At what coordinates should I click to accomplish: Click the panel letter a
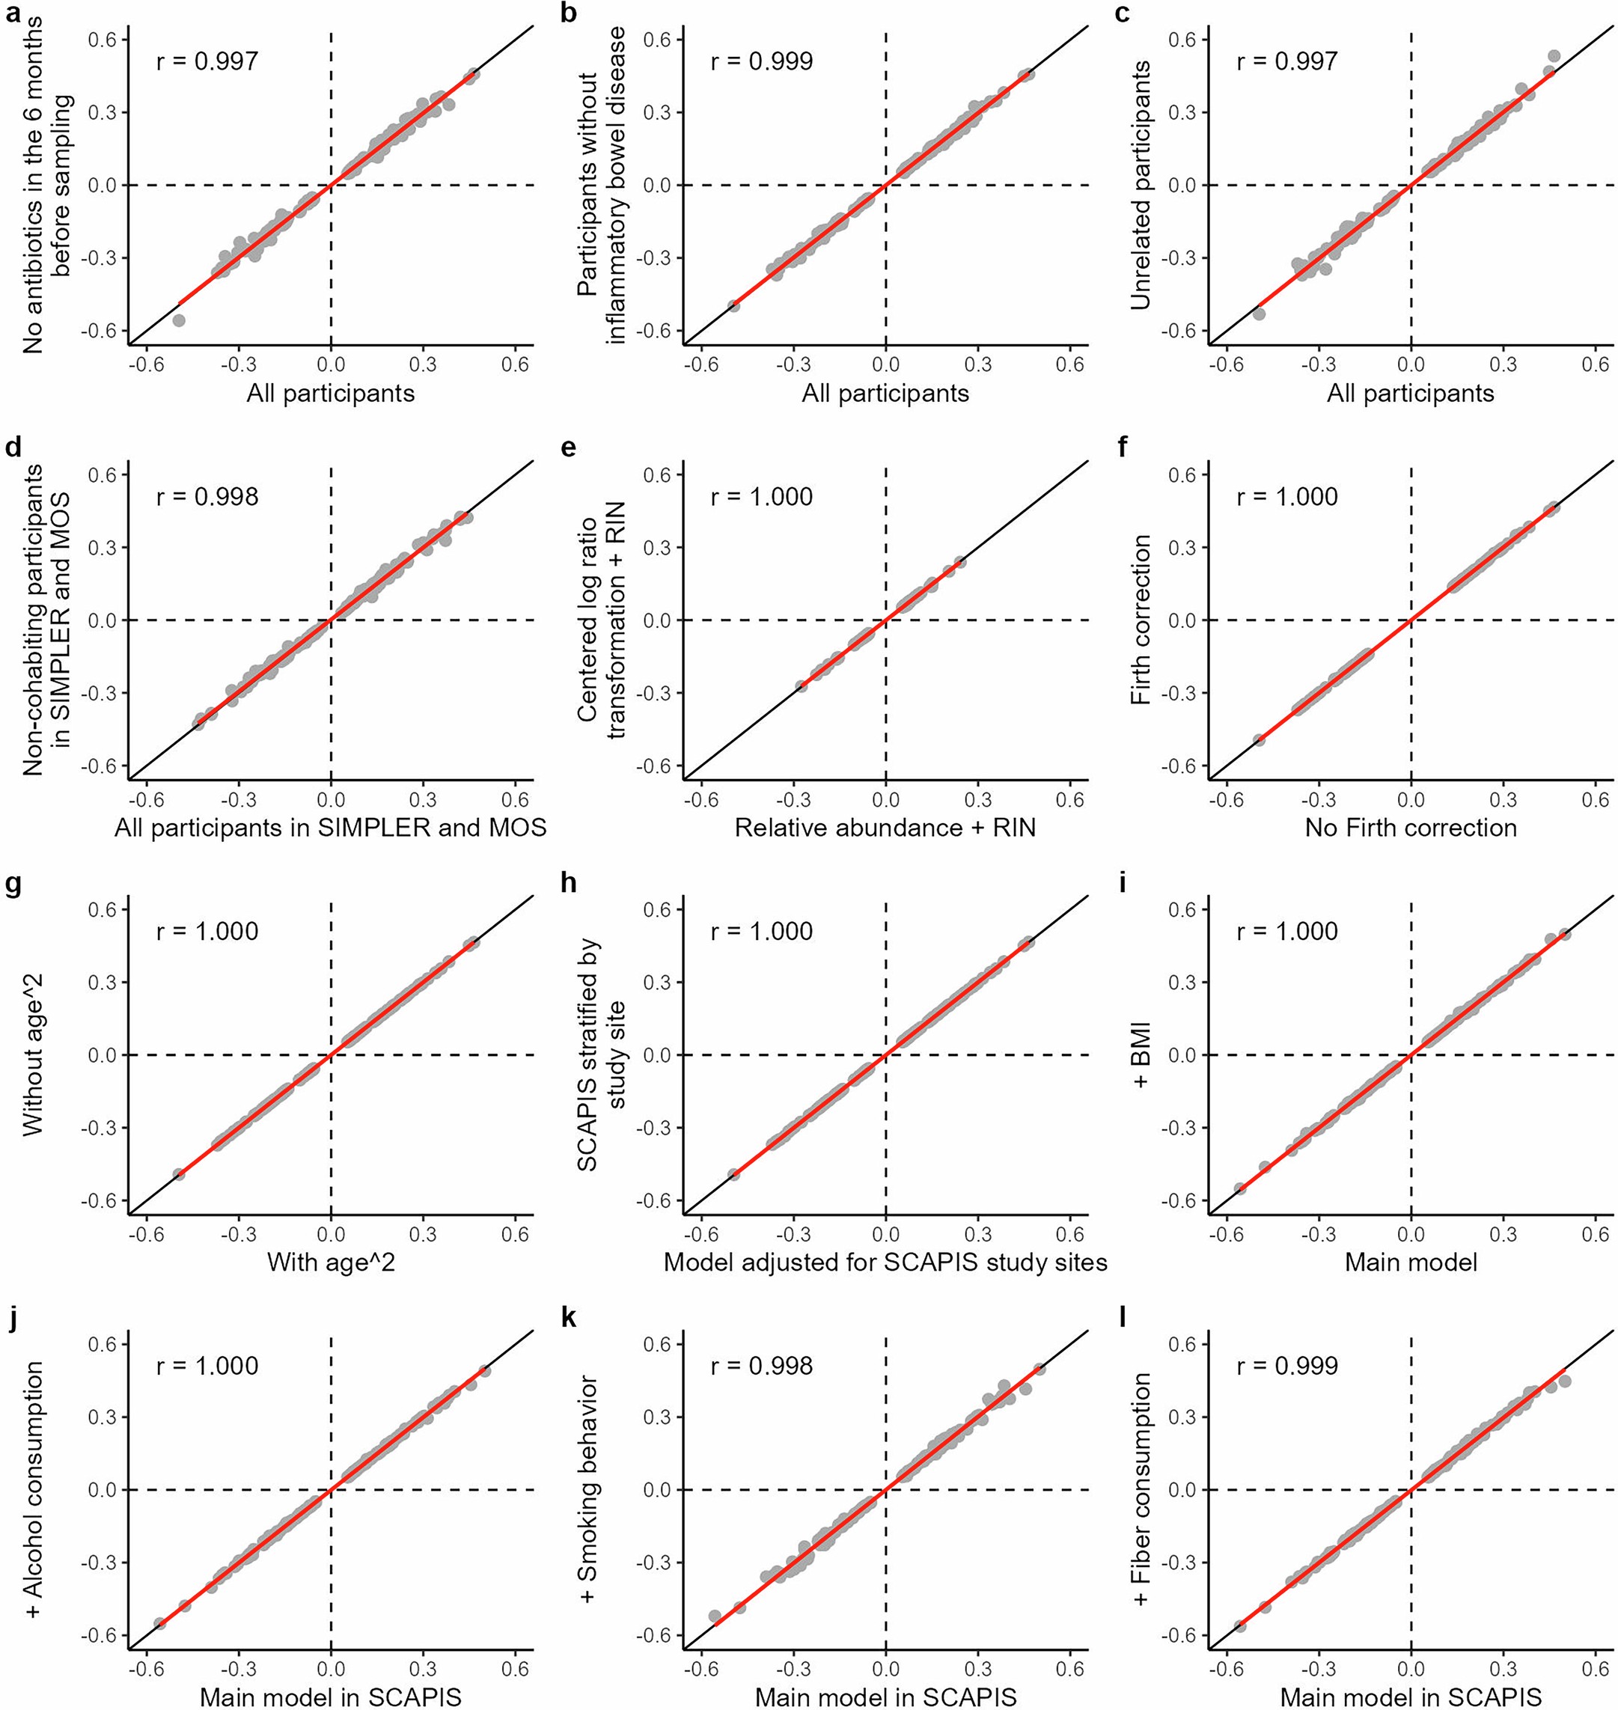point(13,13)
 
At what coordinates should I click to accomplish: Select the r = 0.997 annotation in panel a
point(207,61)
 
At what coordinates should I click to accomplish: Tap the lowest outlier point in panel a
point(179,320)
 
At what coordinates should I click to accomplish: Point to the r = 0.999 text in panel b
point(762,61)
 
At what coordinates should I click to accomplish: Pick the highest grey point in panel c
point(1554,56)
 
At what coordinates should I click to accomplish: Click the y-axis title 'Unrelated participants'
point(1141,185)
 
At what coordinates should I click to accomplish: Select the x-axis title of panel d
point(330,828)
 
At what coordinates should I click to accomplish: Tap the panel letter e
point(567,449)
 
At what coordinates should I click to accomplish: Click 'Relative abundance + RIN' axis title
point(885,828)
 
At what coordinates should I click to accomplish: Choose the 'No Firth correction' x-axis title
point(1410,828)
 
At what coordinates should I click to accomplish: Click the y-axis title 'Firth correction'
point(1141,620)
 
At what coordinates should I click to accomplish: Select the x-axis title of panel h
point(885,1262)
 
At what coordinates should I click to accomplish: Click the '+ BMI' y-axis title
point(1141,1054)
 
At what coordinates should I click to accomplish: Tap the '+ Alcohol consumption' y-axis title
point(34,1489)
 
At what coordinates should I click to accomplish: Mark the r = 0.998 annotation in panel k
point(762,1366)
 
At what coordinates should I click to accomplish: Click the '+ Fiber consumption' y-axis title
point(1141,1489)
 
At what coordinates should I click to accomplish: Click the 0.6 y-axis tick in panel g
point(102,910)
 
